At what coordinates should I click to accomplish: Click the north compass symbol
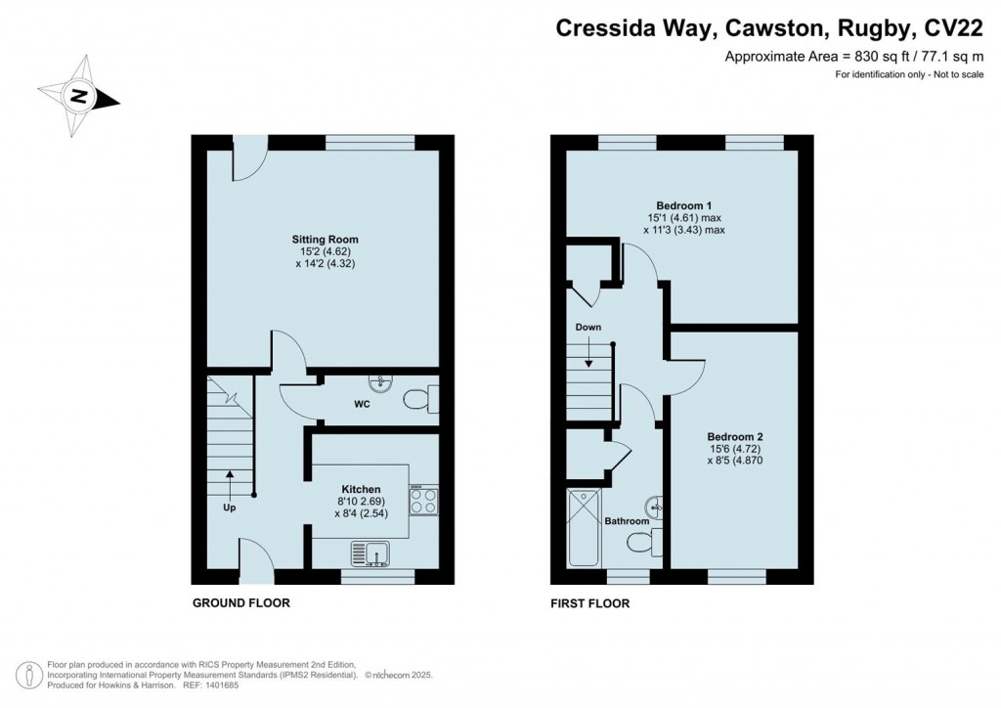click(81, 97)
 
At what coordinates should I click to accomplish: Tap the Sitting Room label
click(325, 239)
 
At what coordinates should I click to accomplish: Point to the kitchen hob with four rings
click(423, 500)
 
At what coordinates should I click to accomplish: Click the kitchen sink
click(369, 555)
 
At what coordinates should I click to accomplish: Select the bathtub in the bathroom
click(584, 528)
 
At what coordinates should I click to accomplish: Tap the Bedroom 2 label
click(735, 436)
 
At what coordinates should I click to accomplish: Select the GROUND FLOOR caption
click(240, 603)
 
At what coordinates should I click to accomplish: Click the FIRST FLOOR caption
click(590, 603)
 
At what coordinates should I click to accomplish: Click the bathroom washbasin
click(656, 506)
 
